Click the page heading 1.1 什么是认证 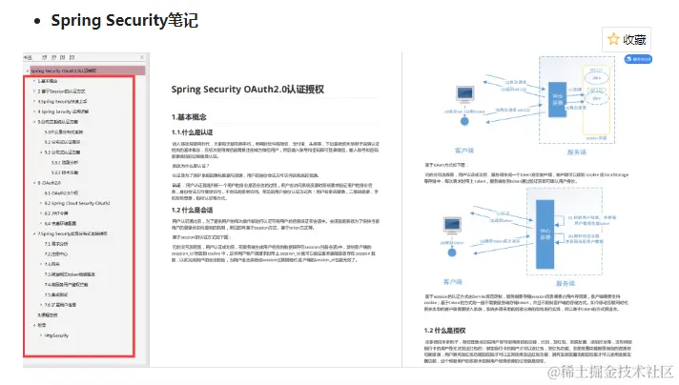point(203,132)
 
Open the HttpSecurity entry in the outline point(54,335)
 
